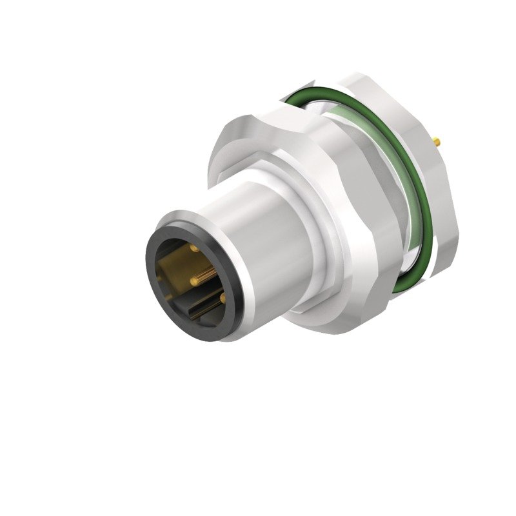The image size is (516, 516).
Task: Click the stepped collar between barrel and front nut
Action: [x=303, y=193]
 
